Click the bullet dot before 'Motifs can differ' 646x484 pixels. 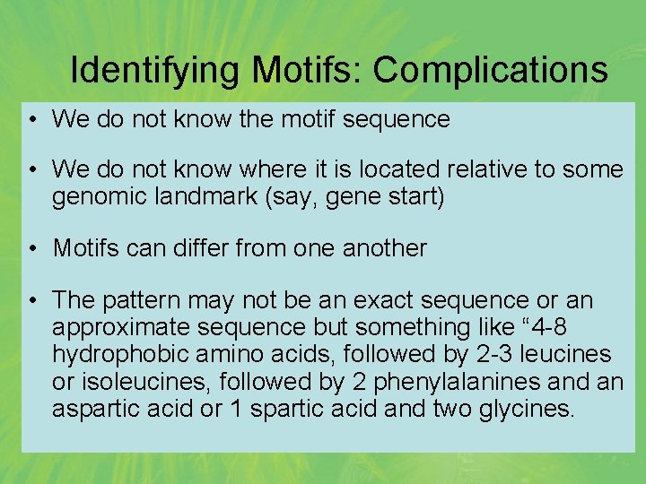click(32, 247)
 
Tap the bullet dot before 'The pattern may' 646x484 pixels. click(32, 298)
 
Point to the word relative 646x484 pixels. click(476, 169)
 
